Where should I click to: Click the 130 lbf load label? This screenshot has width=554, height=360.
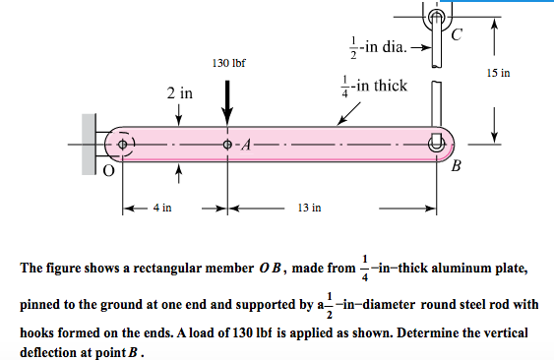pyautogui.click(x=228, y=63)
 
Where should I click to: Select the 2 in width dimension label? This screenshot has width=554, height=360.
pyautogui.click(x=179, y=94)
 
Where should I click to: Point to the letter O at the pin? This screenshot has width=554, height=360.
pyautogui.click(x=110, y=170)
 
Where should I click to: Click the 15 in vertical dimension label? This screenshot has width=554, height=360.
pyautogui.click(x=514, y=74)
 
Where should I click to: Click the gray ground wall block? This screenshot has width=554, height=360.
pyautogui.click(x=89, y=144)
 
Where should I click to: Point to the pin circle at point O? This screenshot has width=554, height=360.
pyautogui.click(x=123, y=144)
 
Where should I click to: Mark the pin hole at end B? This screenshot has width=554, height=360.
pyautogui.click(x=438, y=143)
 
